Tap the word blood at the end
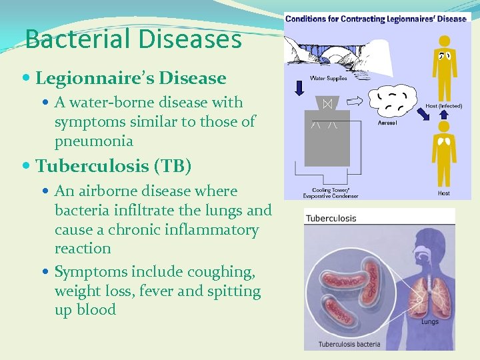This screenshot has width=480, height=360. point(97,309)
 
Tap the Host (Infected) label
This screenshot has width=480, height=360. point(444,105)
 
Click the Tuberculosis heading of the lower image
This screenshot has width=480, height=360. point(332,218)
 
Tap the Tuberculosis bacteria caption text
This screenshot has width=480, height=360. point(349,344)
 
